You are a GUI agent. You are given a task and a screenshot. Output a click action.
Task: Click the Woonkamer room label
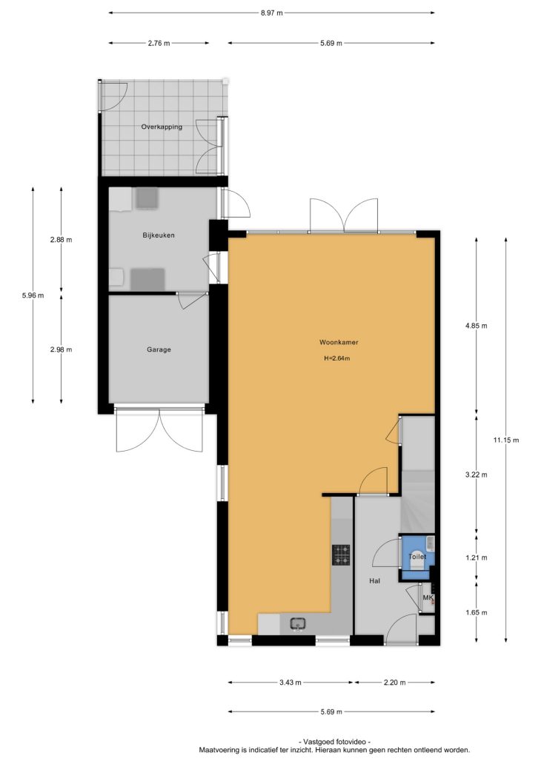click(x=339, y=342)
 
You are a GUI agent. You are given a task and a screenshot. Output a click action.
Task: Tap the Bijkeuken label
click(x=159, y=235)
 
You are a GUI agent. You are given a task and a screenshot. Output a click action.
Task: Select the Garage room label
click(x=159, y=349)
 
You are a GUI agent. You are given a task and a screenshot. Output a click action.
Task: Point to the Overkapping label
click(x=162, y=127)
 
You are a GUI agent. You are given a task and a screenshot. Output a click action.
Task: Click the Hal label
click(x=375, y=581)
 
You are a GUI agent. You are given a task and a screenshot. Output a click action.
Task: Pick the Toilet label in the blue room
click(x=417, y=557)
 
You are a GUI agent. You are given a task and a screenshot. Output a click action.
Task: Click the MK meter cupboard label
click(x=428, y=598)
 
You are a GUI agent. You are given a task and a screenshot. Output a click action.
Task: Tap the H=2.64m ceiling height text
click(x=337, y=358)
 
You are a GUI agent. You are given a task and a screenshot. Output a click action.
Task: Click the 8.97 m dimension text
click(x=272, y=13)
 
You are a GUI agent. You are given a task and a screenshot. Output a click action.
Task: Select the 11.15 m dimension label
click(x=506, y=440)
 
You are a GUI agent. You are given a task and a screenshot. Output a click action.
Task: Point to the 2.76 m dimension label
click(x=159, y=43)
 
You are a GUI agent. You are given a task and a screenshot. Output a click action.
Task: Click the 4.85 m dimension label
click(x=476, y=326)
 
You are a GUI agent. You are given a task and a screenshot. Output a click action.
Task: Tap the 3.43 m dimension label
click(x=291, y=683)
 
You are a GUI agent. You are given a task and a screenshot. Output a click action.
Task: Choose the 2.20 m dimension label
click(x=395, y=683)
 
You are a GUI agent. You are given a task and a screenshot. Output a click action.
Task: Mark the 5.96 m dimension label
click(x=33, y=295)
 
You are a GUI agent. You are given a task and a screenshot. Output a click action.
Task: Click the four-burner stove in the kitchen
click(x=342, y=555)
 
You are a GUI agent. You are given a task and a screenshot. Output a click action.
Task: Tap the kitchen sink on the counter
click(x=298, y=623)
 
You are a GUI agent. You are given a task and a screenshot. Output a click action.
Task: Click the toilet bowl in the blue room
click(x=418, y=563)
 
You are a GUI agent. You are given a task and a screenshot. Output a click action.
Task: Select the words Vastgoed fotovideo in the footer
click(x=335, y=742)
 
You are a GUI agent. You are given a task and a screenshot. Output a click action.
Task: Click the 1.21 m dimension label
click(x=476, y=558)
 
